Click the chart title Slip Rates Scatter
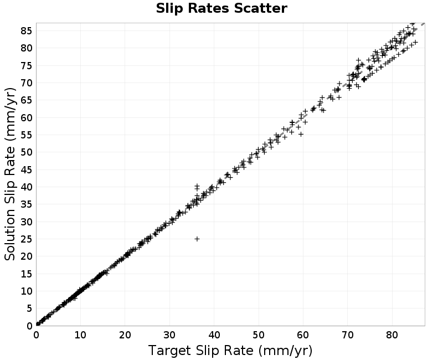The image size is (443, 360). (221, 8)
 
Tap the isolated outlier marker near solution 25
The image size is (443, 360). (197, 239)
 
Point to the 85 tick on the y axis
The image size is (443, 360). (26, 31)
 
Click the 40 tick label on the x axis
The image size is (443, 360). (214, 335)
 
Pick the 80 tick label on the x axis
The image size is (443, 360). (392, 335)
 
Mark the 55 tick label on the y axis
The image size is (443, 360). (26, 135)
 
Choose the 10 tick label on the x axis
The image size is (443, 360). (80, 335)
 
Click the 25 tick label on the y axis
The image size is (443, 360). (26, 239)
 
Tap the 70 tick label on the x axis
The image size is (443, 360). (348, 335)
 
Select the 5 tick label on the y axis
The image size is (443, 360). (29, 308)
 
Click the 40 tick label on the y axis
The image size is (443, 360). (26, 187)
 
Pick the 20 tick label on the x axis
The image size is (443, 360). (125, 335)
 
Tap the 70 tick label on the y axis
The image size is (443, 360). (26, 83)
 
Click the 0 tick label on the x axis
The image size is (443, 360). (36, 335)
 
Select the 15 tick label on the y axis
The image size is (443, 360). (26, 274)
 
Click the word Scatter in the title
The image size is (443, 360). (261, 8)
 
